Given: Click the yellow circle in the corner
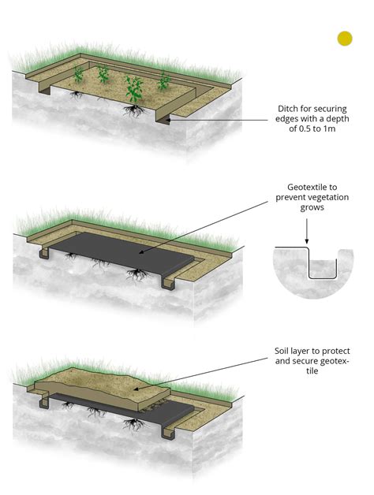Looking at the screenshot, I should pos(345,38).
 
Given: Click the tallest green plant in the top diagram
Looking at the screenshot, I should pos(133,89).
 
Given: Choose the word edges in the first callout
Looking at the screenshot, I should pos(288,119).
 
